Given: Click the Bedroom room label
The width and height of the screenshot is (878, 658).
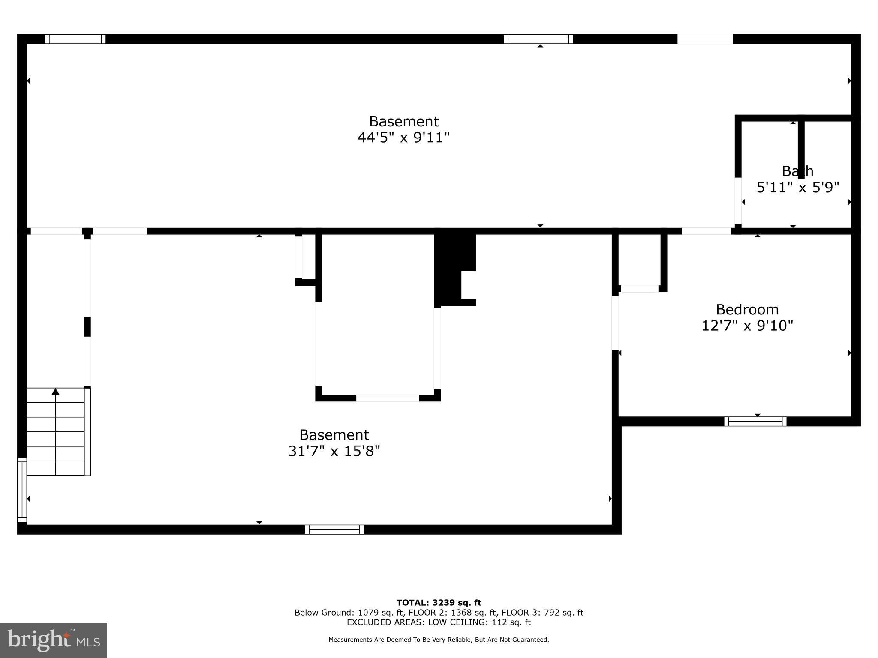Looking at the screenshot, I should coord(747,309).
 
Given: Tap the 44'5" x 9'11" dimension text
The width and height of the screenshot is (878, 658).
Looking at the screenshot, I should coord(403,138).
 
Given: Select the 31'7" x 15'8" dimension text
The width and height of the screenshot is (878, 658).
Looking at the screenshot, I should coord(334,451).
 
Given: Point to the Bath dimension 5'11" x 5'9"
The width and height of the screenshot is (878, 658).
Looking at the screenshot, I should coord(797,187).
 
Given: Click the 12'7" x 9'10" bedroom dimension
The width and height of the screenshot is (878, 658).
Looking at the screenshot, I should coord(747,326).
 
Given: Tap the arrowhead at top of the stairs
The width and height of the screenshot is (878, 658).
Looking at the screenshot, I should coord(55,391).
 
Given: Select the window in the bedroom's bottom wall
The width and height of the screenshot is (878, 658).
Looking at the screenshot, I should coord(755,422).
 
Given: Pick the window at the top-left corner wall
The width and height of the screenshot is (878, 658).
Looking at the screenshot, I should coord(75,39).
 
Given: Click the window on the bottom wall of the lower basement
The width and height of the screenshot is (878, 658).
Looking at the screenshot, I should coord(334,529).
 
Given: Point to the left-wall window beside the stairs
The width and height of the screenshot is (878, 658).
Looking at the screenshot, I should coord(21,490).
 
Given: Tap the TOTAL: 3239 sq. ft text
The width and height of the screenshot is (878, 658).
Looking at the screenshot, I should coord(439,603).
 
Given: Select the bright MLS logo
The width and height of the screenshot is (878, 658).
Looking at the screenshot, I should coord(54,640).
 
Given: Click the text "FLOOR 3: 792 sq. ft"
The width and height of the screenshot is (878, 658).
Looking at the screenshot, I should coord(542,613).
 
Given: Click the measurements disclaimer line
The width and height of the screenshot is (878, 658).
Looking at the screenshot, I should coord(439,640).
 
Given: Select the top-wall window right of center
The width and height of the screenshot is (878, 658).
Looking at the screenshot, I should coord(538,39).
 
